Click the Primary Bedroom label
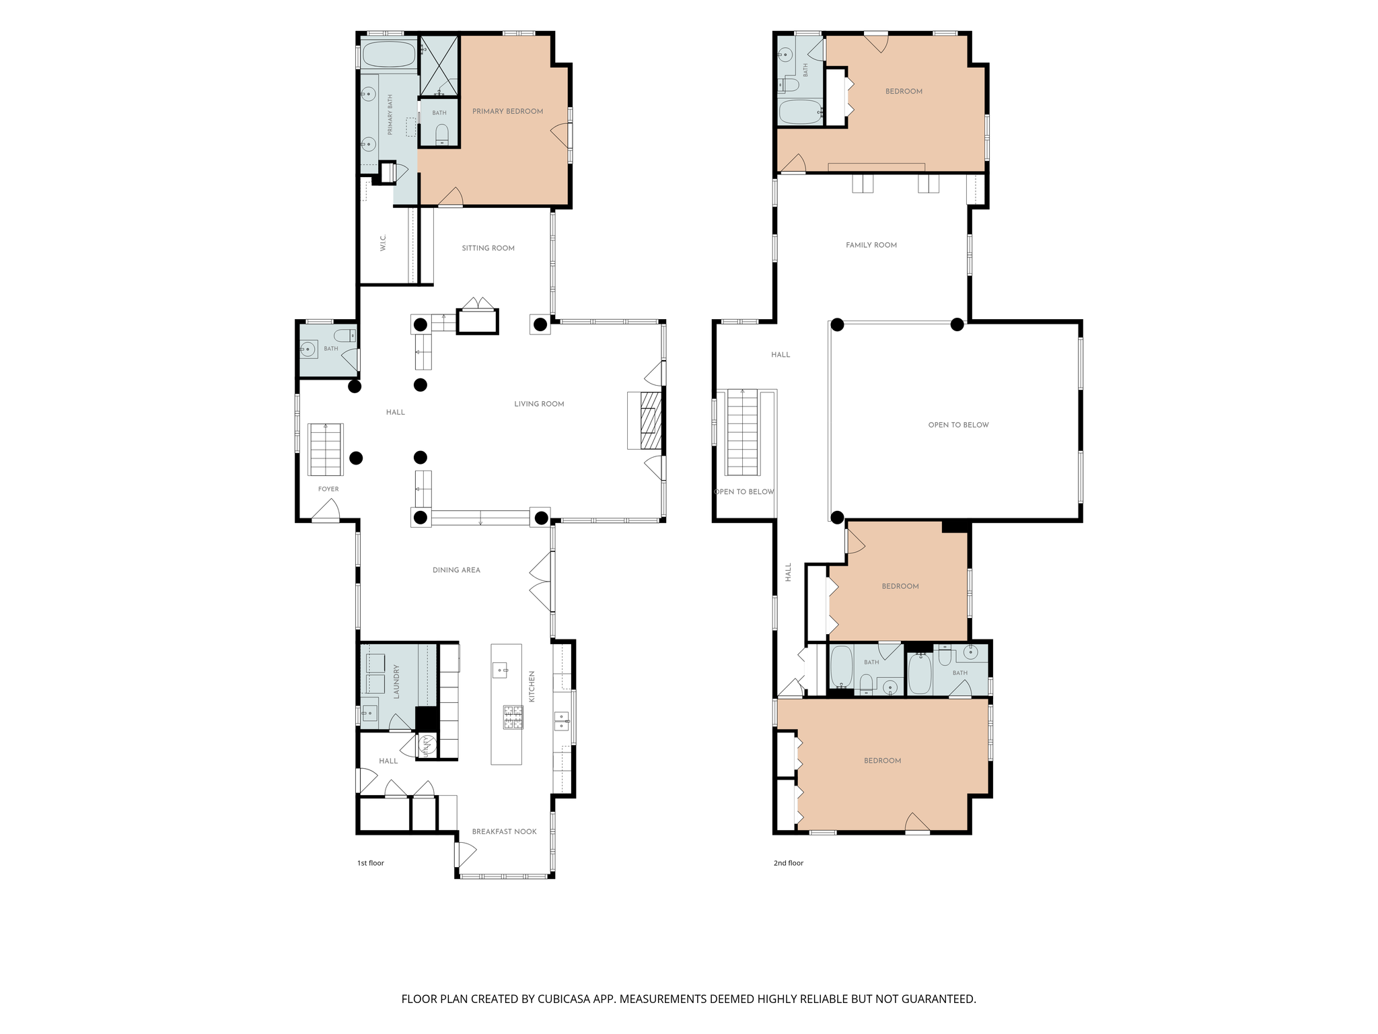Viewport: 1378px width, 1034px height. coord(507,112)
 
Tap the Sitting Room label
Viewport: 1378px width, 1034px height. coord(488,248)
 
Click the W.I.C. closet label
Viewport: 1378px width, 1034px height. coord(383,242)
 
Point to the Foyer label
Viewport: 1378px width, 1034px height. coord(328,489)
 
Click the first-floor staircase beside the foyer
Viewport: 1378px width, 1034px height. coord(326,450)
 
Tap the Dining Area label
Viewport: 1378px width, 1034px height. coord(456,570)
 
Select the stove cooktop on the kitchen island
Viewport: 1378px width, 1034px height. coord(513,717)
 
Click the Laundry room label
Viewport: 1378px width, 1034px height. coord(396,681)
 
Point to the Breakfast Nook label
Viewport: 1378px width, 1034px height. coord(504,832)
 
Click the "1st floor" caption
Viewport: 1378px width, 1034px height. coord(370,863)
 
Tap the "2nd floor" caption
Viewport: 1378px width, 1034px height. coord(788,863)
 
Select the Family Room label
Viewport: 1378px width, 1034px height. coord(871,245)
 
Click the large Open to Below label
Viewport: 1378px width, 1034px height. coord(958,425)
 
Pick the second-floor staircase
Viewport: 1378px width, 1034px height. coord(742,432)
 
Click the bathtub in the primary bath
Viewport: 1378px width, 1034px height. coord(389,55)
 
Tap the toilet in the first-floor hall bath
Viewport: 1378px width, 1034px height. coord(345,335)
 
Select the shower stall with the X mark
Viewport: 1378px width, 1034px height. coord(439,66)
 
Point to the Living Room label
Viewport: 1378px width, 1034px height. coord(539,404)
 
